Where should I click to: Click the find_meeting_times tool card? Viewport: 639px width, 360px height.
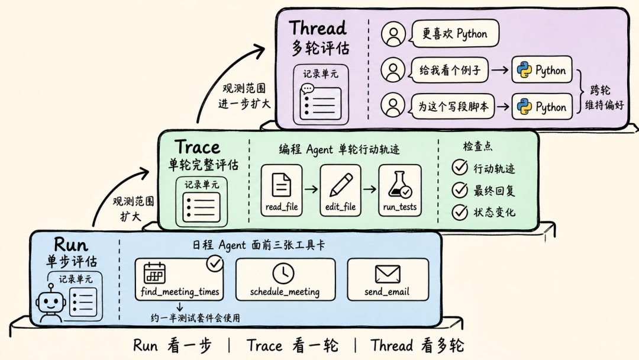pos(179,279)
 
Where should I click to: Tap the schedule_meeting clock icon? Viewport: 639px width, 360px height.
pos(283,273)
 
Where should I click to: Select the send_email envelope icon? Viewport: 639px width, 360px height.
pos(387,274)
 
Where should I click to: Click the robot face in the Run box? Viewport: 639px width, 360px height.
pos(50,303)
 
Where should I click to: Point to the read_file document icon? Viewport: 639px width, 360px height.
pos(281,185)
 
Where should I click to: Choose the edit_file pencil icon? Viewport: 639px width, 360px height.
pos(341,185)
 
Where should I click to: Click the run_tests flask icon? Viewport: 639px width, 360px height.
pos(400,185)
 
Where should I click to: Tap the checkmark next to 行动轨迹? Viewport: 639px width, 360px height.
pos(460,167)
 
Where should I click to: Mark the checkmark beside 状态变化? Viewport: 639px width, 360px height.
pos(460,212)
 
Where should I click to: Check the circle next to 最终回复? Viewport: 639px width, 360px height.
pos(460,189)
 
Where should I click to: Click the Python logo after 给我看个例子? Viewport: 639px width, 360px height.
pos(524,70)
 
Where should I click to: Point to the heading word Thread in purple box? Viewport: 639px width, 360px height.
pos(318,28)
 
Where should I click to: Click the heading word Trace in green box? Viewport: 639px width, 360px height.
pos(198,147)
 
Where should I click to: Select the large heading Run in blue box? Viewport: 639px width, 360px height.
pos(71,245)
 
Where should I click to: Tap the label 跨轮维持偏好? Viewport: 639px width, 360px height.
pos(604,98)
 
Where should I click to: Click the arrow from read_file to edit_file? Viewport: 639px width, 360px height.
pos(311,189)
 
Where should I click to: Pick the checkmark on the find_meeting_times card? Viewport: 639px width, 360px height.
pos(214,263)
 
